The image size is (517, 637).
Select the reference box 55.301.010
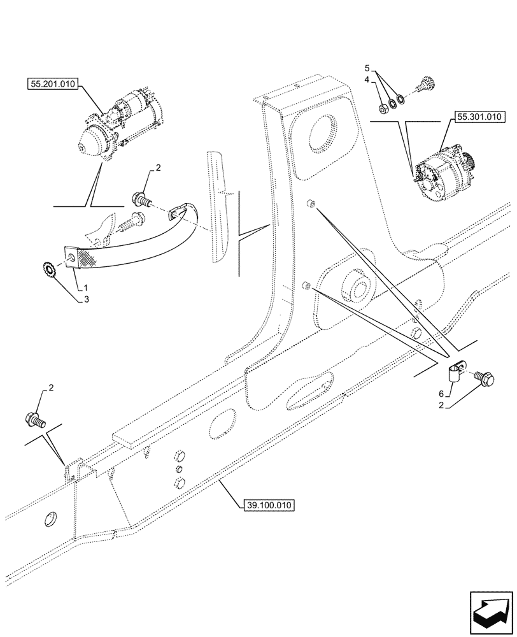[x=479, y=117]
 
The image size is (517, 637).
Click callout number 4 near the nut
[x=367, y=80]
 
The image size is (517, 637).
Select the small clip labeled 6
[x=454, y=371]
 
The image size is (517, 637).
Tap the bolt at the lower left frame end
[x=36, y=419]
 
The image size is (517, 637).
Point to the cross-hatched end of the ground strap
[x=79, y=256]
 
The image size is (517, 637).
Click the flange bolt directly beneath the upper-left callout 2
[x=141, y=201]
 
